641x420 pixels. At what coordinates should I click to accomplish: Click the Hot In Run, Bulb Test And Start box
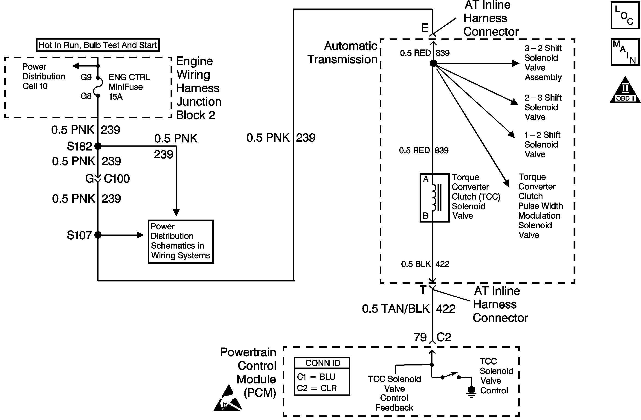click(x=98, y=45)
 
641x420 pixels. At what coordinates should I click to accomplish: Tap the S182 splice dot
click(x=98, y=146)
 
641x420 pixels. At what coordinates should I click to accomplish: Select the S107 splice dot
click(x=98, y=235)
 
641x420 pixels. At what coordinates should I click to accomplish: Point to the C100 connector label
click(x=117, y=179)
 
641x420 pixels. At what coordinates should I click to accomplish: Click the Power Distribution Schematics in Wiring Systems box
click(x=180, y=242)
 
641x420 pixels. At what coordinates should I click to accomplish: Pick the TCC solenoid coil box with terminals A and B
click(x=434, y=198)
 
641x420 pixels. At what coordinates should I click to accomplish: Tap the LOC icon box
click(x=625, y=15)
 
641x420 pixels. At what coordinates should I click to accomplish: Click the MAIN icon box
click(x=625, y=52)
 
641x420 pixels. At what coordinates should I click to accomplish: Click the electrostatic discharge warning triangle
click(x=228, y=399)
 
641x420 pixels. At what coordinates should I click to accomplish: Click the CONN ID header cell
click(x=322, y=363)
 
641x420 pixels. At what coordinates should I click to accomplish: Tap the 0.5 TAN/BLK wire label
click(x=395, y=309)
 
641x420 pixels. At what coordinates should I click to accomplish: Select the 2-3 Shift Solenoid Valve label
click(x=542, y=107)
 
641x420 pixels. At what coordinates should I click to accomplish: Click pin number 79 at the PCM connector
click(x=420, y=337)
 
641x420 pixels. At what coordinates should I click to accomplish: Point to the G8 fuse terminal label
click(x=86, y=96)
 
